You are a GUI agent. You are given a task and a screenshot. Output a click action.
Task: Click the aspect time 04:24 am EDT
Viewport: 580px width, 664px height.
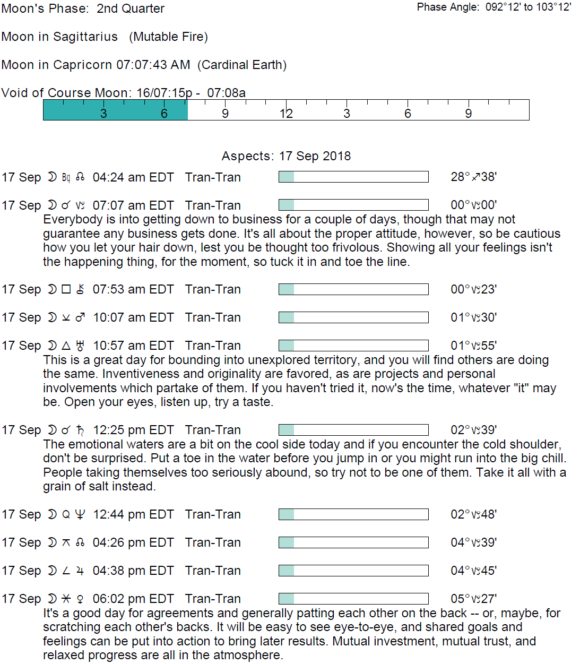point(133,177)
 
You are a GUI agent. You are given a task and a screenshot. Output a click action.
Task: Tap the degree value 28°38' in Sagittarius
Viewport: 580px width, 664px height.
point(473,177)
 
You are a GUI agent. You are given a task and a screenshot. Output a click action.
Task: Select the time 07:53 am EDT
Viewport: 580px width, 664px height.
point(133,289)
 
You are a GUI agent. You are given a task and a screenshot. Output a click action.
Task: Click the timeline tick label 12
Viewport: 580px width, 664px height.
point(286,113)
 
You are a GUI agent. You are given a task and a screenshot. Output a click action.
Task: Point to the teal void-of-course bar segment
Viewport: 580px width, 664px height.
point(115,110)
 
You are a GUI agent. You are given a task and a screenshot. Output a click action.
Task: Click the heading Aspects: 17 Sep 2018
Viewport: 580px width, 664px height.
point(286,156)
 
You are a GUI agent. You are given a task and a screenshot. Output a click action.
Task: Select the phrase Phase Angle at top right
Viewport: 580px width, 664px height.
point(448,7)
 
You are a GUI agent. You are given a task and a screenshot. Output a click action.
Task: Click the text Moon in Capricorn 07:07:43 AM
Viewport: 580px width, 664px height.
point(96,65)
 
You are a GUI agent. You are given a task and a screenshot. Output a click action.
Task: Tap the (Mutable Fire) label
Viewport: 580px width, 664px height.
point(168,37)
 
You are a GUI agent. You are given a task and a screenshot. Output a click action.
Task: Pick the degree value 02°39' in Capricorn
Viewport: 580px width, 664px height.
point(473,430)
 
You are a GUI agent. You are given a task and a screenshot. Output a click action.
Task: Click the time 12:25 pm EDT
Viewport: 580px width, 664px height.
point(133,430)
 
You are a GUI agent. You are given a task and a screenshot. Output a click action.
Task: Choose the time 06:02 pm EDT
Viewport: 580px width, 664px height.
point(133,599)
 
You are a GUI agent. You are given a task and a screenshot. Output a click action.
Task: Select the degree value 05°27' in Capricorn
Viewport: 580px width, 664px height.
point(473,599)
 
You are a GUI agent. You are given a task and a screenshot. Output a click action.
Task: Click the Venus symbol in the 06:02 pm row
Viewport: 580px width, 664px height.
point(80,599)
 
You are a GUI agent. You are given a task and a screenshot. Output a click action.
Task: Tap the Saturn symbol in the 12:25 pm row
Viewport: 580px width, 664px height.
point(80,430)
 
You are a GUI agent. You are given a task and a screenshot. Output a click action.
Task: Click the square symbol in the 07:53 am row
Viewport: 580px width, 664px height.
point(66,289)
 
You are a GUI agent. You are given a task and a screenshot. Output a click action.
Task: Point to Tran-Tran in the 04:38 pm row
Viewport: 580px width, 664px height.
point(213,571)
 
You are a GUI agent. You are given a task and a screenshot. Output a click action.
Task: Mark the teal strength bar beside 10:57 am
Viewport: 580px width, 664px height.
point(287,346)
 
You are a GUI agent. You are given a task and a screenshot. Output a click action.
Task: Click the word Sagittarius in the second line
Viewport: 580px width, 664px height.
point(85,37)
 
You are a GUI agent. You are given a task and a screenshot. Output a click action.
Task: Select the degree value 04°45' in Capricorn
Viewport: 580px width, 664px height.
point(473,571)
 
